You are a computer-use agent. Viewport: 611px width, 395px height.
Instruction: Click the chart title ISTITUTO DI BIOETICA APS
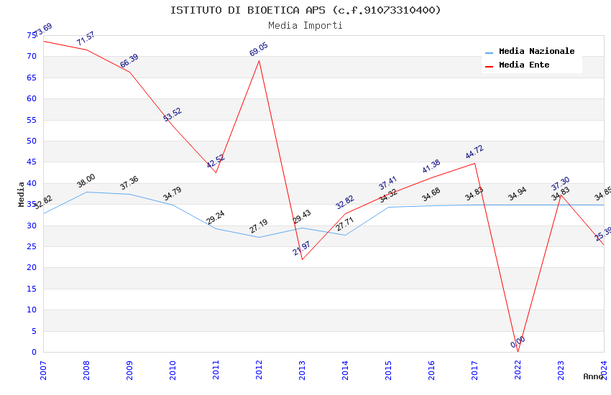pyautogui.click(x=305, y=10)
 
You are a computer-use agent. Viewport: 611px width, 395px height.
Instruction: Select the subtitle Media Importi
pyautogui.click(x=305, y=25)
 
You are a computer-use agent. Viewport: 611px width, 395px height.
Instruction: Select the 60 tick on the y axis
pyautogui.click(x=32, y=98)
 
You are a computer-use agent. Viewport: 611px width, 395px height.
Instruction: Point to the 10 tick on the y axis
pyautogui.click(x=32, y=310)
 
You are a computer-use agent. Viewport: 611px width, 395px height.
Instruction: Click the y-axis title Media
pyautogui.click(x=22, y=194)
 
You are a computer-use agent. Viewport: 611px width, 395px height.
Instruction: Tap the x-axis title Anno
pyautogui.click(x=593, y=376)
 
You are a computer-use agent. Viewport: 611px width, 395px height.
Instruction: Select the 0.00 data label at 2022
pyautogui.click(x=518, y=342)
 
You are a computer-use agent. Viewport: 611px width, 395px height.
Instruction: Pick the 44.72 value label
pyautogui.click(x=474, y=152)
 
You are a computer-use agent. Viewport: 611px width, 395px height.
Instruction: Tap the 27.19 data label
pyautogui.click(x=259, y=226)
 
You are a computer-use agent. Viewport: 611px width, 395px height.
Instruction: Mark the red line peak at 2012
pyautogui.click(x=259, y=60)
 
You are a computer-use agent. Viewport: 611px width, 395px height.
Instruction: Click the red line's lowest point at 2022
pyautogui.click(x=518, y=352)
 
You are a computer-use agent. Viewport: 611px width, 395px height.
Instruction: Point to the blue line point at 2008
pyautogui.click(x=87, y=192)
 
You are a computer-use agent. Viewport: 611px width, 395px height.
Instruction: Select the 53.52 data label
pyautogui.click(x=173, y=114)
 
